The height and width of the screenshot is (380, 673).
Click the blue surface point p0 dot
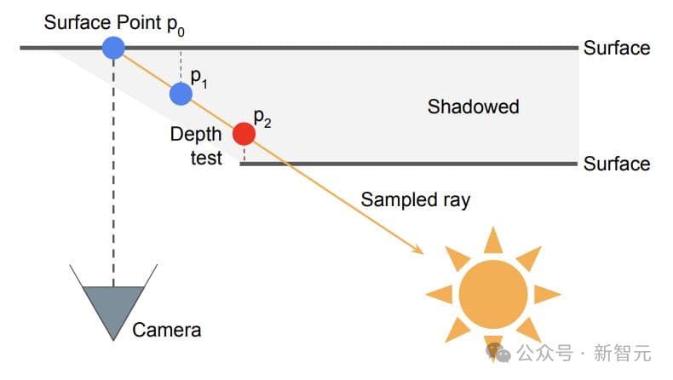pyautogui.click(x=113, y=48)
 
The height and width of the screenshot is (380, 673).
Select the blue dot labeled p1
pyautogui.click(x=181, y=93)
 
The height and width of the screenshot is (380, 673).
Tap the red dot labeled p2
pyautogui.click(x=244, y=134)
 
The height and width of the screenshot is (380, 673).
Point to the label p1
pyautogui.click(x=199, y=77)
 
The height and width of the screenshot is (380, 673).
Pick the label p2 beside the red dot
pyautogui.click(x=262, y=118)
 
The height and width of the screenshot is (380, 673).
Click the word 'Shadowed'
pyautogui.click(x=473, y=107)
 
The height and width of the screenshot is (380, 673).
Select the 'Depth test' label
pyautogui.click(x=196, y=146)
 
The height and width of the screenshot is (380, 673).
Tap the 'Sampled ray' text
pyautogui.click(x=415, y=200)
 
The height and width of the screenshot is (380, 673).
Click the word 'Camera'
pyautogui.click(x=167, y=330)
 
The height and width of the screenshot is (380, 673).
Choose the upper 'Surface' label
pyautogui.click(x=616, y=49)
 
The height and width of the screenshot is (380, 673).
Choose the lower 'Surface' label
pyautogui.click(x=616, y=164)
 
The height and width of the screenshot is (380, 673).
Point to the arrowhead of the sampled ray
pyautogui.click(x=418, y=249)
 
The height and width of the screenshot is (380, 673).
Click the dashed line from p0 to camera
pyautogui.click(x=113, y=170)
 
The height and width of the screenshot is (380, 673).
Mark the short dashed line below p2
pyautogui.click(x=244, y=154)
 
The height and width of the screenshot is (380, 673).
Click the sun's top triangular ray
pyautogui.click(x=493, y=241)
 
